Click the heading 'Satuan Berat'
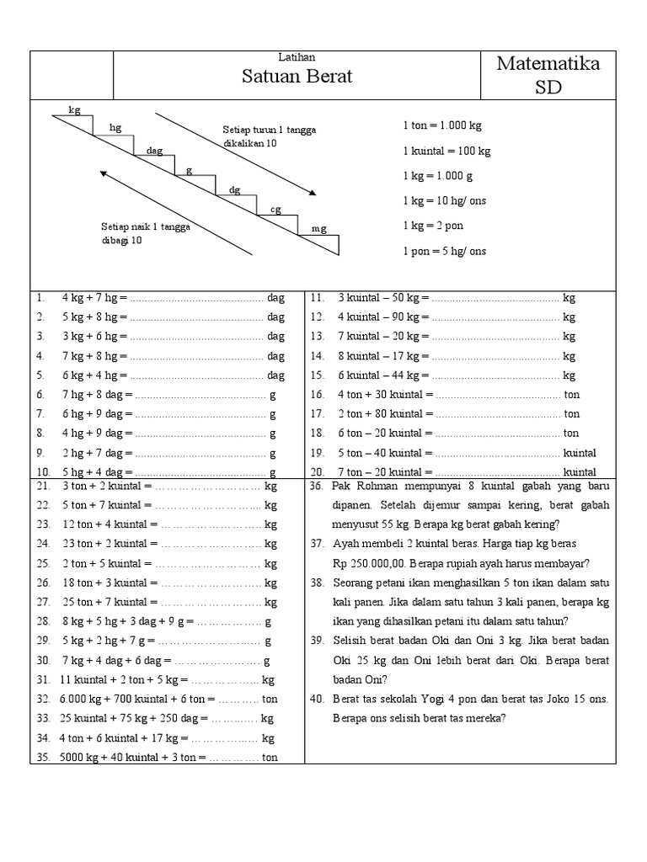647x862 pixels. (297, 77)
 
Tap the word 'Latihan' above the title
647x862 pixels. (297, 57)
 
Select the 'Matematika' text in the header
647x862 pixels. (548, 64)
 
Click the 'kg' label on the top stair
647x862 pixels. (74, 109)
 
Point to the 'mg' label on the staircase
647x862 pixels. (318, 228)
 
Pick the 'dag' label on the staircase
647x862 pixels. (154, 150)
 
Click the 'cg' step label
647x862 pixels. (275, 209)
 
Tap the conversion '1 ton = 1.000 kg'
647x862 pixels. (441, 125)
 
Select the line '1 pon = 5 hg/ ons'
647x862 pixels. (444, 252)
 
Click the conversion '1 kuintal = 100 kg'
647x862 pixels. (446, 152)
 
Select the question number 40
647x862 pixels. (317, 699)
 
